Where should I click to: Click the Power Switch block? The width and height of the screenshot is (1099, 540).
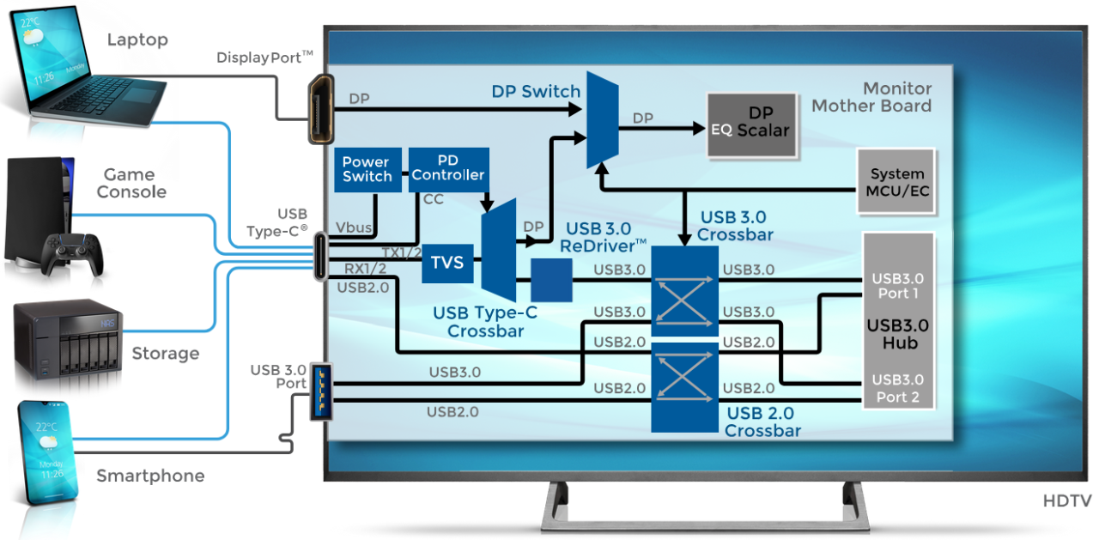click(x=367, y=168)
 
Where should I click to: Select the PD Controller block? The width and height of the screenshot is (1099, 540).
click(x=448, y=168)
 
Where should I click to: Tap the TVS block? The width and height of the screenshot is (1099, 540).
click(x=446, y=263)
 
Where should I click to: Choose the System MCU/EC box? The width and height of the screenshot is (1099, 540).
click(x=896, y=181)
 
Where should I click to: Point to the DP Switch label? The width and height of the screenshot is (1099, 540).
click(x=536, y=91)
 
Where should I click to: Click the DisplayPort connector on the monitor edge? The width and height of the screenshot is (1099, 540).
click(x=321, y=109)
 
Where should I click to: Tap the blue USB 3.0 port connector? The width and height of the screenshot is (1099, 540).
click(x=320, y=391)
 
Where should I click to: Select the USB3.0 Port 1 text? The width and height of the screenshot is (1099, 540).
click(x=897, y=286)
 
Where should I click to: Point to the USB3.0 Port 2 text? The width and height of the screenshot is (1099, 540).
click(x=897, y=388)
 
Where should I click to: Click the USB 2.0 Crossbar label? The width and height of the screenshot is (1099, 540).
click(x=763, y=422)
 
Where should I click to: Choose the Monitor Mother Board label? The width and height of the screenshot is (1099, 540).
click(x=871, y=98)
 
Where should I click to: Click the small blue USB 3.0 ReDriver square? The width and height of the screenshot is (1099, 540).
click(x=551, y=280)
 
